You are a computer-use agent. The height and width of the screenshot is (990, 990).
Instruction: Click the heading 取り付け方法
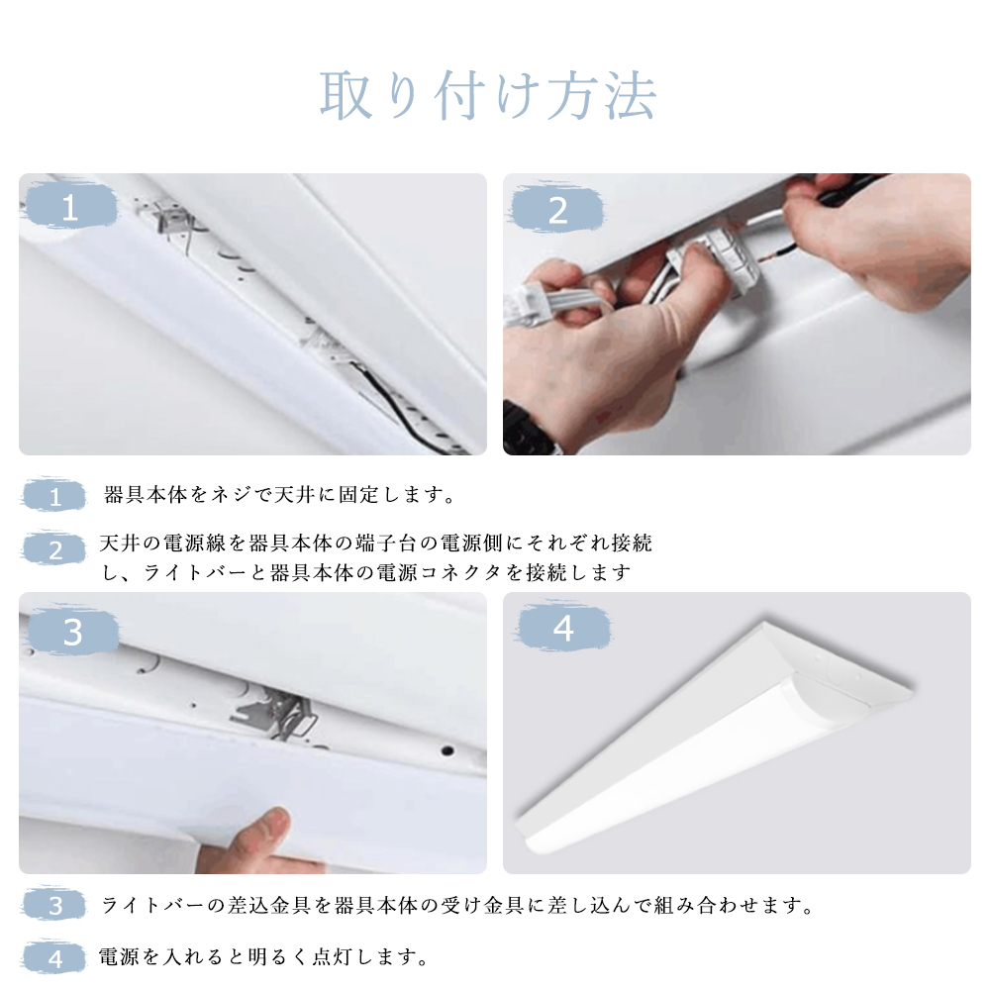[487, 95]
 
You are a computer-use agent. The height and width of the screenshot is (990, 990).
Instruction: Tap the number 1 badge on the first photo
[70, 207]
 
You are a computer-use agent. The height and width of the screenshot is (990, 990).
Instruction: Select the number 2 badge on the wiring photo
[556, 210]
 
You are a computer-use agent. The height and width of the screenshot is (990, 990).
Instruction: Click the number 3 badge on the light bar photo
[73, 632]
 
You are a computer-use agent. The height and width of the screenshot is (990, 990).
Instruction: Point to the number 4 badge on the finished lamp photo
[563, 629]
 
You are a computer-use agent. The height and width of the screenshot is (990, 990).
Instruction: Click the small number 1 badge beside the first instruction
[54, 496]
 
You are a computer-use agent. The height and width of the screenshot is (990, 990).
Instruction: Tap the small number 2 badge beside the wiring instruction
[54, 549]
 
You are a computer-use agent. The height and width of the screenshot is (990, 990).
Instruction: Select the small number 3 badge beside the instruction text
[54, 906]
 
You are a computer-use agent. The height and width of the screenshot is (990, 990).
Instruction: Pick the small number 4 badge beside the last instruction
[54, 958]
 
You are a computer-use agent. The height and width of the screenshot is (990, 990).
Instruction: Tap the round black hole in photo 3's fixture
[447, 750]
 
